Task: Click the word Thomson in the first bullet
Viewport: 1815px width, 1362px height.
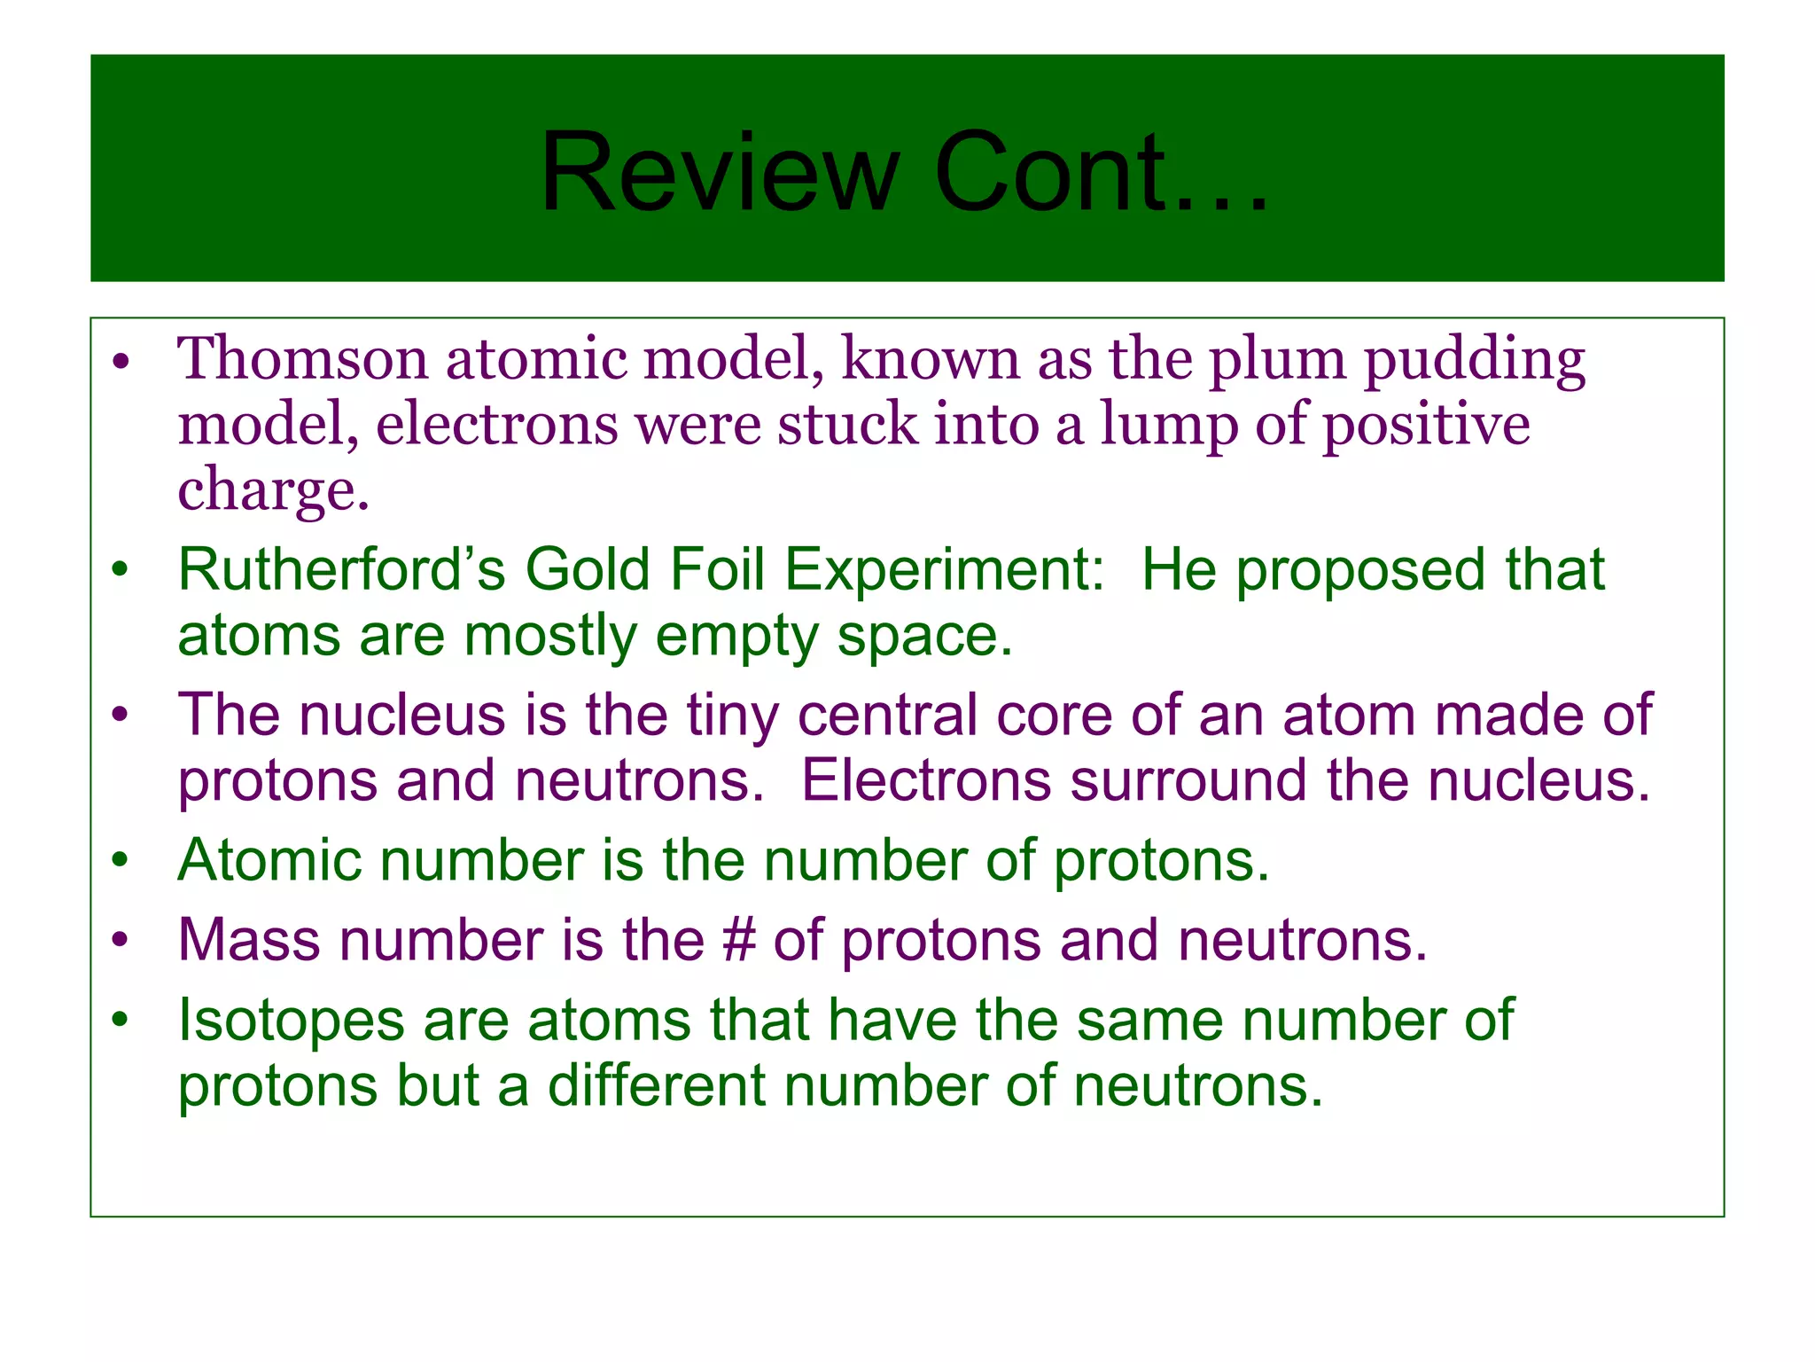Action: pyautogui.click(x=302, y=359)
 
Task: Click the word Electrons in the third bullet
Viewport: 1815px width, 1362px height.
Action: pyautogui.click(x=926, y=781)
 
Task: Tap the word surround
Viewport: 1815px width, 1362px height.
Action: pyautogui.click(x=1188, y=781)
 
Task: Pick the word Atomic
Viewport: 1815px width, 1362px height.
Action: pyautogui.click(x=269, y=860)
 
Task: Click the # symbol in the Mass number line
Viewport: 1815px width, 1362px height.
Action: pyautogui.click(x=739, y=940)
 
